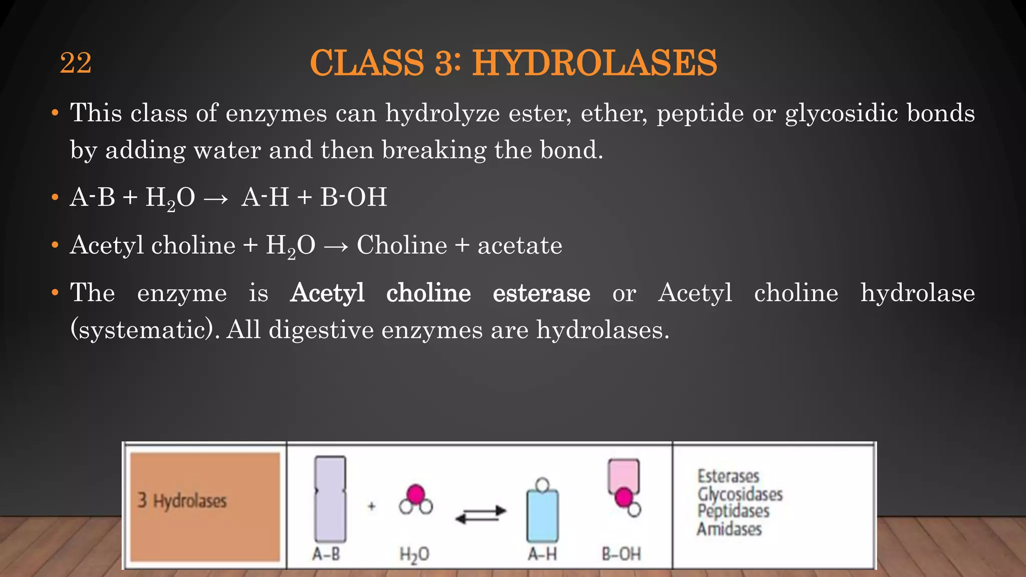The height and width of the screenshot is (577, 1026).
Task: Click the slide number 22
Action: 76,63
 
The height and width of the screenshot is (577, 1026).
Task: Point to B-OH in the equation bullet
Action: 353,197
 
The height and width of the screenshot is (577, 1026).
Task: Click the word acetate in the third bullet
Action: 520,245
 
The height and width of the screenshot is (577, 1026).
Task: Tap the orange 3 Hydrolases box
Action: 205,506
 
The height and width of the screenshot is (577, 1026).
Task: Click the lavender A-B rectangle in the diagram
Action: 330,499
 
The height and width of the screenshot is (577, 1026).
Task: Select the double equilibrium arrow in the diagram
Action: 480,515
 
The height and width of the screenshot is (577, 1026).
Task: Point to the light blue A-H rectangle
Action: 542,516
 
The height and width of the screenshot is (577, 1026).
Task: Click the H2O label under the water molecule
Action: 414,554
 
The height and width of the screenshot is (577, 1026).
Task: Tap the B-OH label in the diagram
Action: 621,554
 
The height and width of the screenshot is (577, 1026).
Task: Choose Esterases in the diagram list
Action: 728,476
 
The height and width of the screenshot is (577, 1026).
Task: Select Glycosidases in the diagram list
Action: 740,494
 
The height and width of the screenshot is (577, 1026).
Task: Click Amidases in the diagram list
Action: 729,529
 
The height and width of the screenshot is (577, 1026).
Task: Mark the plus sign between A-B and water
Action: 372,506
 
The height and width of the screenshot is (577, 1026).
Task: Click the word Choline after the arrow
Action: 402,245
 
